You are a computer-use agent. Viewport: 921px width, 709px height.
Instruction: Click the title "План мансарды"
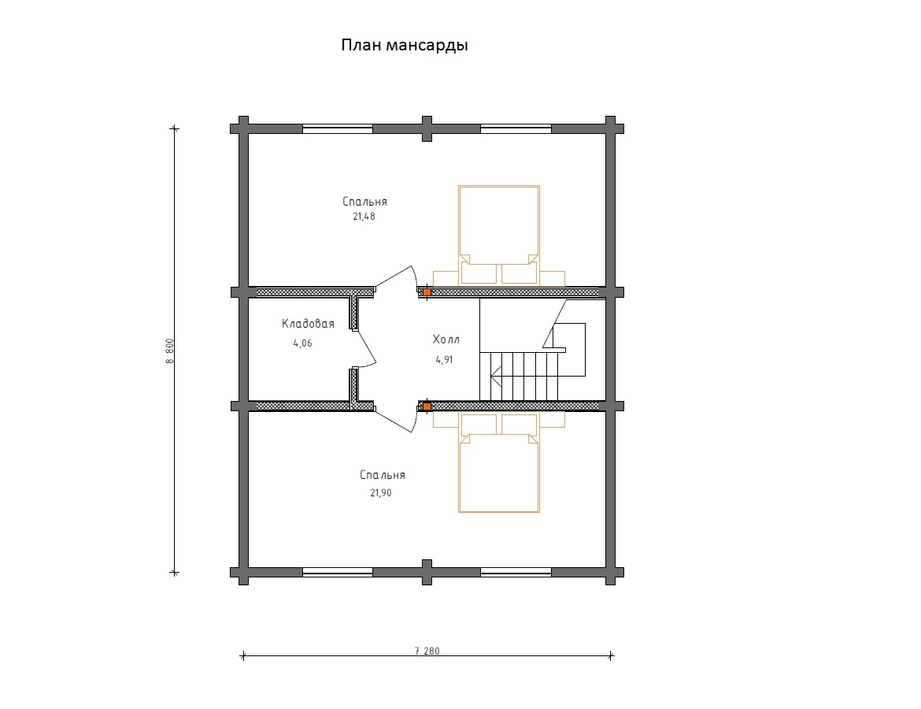404,45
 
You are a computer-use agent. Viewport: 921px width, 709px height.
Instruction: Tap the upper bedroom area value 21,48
364,217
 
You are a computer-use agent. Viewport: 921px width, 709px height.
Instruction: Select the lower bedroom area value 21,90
381,492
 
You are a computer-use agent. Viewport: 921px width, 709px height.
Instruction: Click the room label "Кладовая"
308,324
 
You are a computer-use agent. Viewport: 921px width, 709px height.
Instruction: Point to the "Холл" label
446,340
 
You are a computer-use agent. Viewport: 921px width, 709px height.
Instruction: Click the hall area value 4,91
444,360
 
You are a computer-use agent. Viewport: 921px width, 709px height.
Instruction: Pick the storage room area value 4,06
302,343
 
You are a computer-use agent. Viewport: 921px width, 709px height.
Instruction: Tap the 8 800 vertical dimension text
170,351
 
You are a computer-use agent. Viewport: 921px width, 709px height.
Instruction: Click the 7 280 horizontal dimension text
427,651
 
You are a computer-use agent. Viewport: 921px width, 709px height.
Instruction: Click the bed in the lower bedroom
499,462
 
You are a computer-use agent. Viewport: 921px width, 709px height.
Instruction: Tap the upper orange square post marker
427,291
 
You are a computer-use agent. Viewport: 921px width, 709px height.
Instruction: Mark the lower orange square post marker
427,406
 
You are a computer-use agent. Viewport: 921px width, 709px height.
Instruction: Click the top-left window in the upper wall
338,128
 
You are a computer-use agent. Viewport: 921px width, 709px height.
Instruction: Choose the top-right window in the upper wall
516,128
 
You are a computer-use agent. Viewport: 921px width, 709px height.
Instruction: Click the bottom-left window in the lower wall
338,572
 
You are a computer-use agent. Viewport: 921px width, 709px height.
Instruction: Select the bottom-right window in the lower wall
516,572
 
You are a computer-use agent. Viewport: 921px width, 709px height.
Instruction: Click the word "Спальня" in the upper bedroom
364,202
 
